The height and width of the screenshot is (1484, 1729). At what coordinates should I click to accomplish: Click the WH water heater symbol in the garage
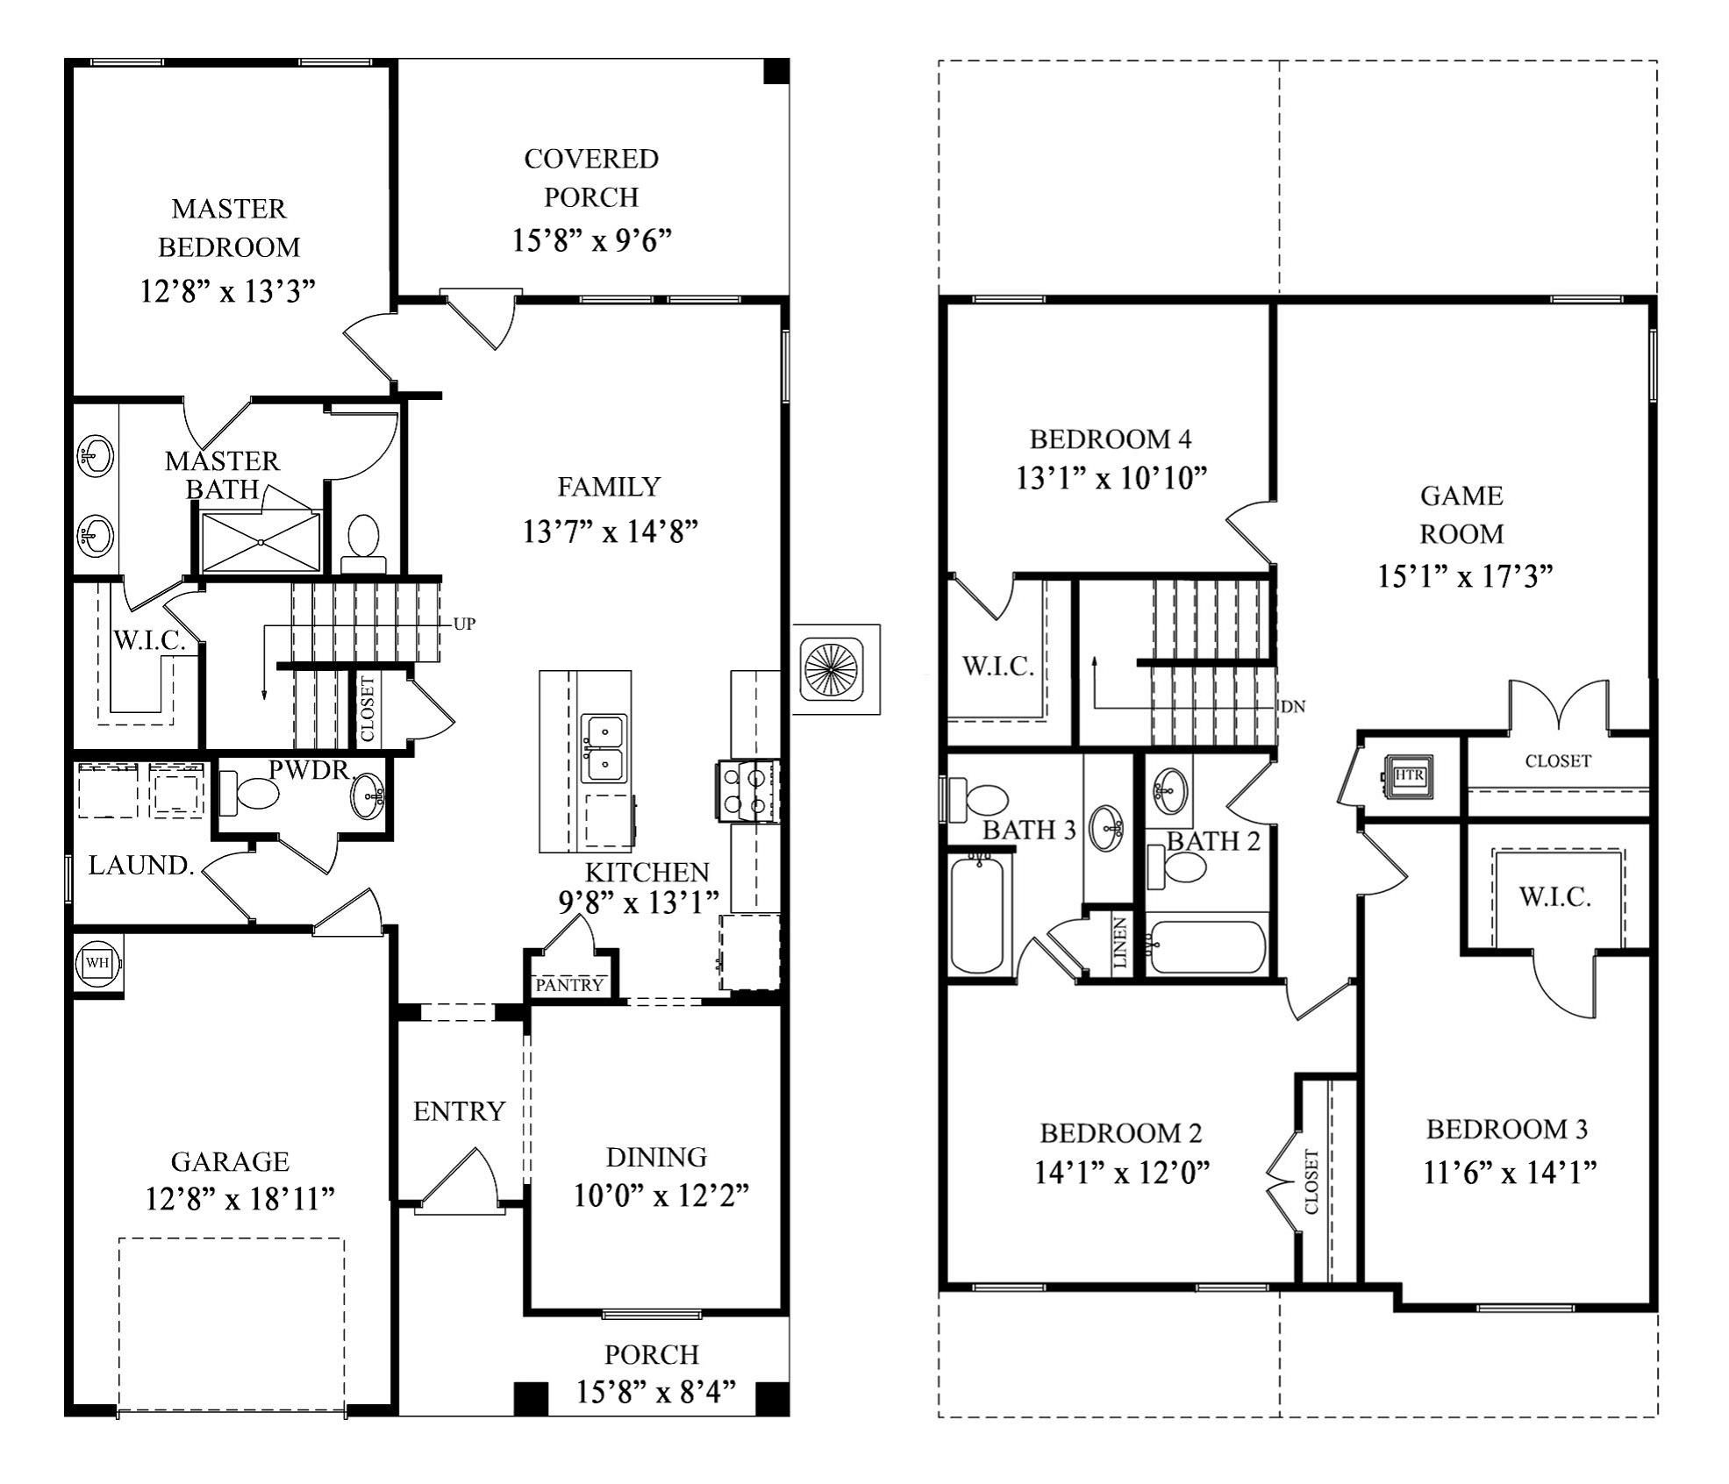96,962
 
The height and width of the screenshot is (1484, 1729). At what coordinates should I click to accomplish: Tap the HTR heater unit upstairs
1408,776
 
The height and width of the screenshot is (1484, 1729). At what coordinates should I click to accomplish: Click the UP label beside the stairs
464,624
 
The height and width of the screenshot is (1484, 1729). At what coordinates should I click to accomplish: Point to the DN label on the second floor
1293,706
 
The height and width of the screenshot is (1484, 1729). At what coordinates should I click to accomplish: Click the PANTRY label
570,985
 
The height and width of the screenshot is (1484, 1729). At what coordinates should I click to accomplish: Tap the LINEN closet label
1120,944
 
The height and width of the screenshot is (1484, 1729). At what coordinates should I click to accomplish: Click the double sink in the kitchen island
604,748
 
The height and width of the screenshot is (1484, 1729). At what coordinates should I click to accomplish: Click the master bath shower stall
261,542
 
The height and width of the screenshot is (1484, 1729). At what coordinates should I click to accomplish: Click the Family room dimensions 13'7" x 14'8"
610,532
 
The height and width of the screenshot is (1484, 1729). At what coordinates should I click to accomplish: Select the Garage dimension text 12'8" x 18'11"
239,1199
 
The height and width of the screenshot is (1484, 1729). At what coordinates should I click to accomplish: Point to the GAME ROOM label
1461,515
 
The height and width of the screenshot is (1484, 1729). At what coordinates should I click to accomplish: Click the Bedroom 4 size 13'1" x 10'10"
1111,478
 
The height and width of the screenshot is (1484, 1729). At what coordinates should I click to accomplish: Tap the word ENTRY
459,1111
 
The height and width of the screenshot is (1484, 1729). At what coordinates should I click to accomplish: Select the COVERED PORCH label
591,178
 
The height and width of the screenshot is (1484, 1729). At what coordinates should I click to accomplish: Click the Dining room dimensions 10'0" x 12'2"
661,1195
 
